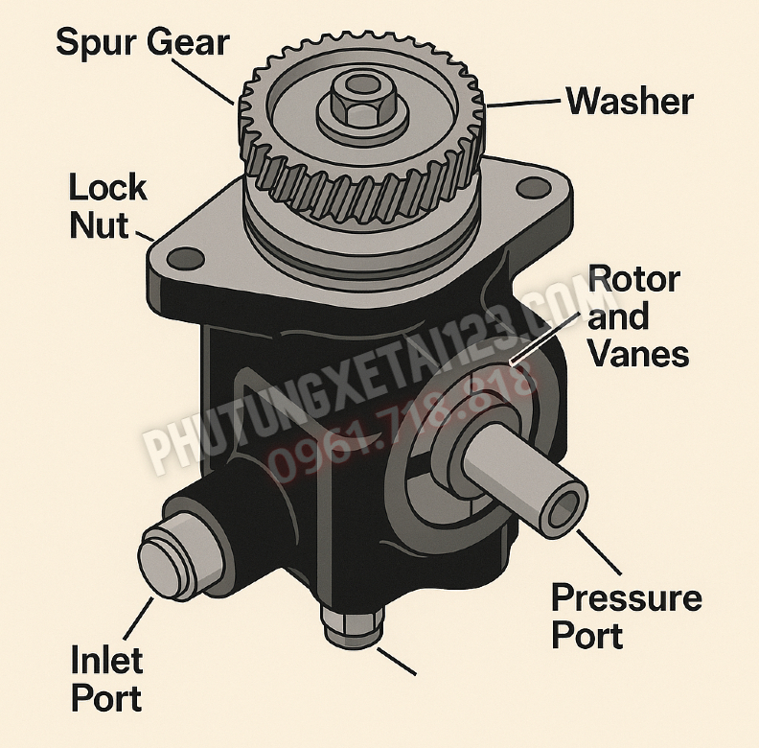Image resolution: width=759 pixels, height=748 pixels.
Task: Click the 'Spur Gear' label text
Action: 142,42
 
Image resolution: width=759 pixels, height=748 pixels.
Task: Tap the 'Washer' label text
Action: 630,102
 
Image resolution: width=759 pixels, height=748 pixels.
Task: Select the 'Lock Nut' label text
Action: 107,206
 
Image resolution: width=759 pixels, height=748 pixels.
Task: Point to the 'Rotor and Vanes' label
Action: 637,316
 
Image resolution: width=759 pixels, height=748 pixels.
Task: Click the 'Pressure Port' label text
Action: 627,616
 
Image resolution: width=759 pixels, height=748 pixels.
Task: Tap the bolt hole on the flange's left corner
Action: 185,259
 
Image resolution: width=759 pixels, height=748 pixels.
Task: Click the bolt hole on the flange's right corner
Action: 534,188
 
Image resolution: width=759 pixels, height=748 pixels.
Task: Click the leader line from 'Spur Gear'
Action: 203,81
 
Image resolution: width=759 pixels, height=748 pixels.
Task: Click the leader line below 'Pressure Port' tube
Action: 598,552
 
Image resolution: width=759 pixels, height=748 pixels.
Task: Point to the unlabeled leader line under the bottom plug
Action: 396,662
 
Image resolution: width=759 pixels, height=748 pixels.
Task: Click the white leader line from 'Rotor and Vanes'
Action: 544,339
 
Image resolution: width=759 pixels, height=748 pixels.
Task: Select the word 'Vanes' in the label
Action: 639,354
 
